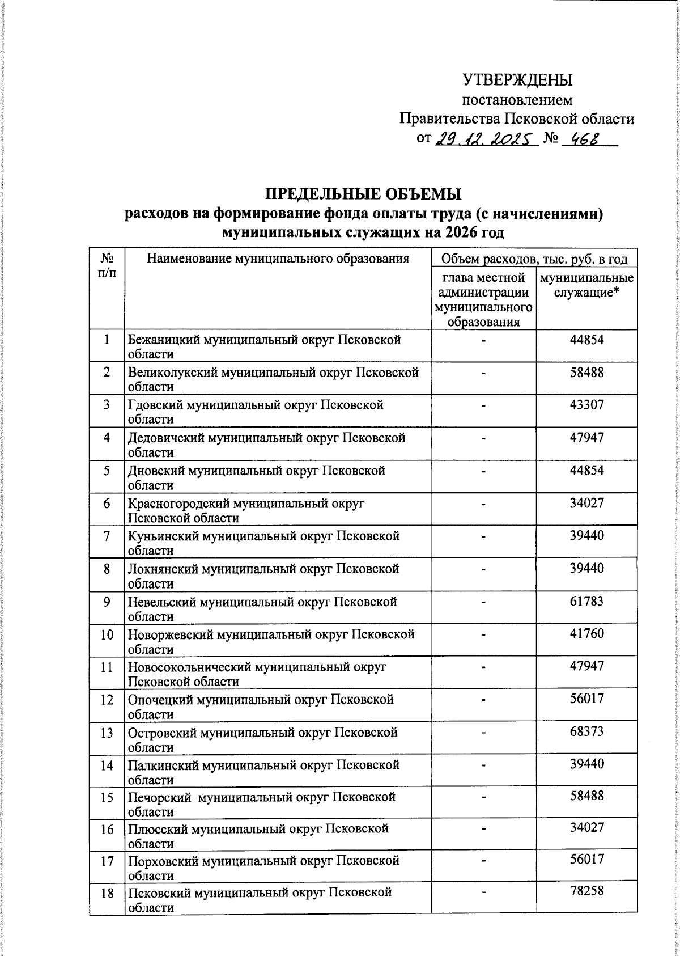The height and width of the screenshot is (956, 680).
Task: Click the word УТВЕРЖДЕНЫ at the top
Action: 517,80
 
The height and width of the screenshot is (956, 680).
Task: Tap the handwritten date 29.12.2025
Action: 484,138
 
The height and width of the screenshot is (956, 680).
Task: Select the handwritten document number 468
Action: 585,138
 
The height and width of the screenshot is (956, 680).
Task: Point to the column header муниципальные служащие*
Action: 586,286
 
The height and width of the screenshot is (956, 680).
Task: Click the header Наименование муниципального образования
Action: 278,260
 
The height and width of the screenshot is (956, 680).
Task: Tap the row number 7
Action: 107,536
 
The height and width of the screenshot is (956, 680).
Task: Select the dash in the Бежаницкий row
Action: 483,340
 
